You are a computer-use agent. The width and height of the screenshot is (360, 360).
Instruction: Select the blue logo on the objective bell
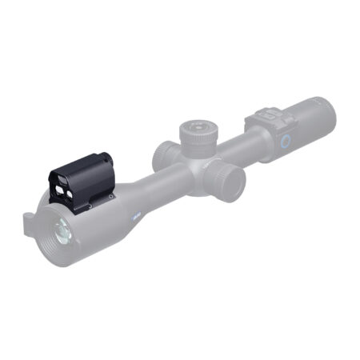coord(135,214)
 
